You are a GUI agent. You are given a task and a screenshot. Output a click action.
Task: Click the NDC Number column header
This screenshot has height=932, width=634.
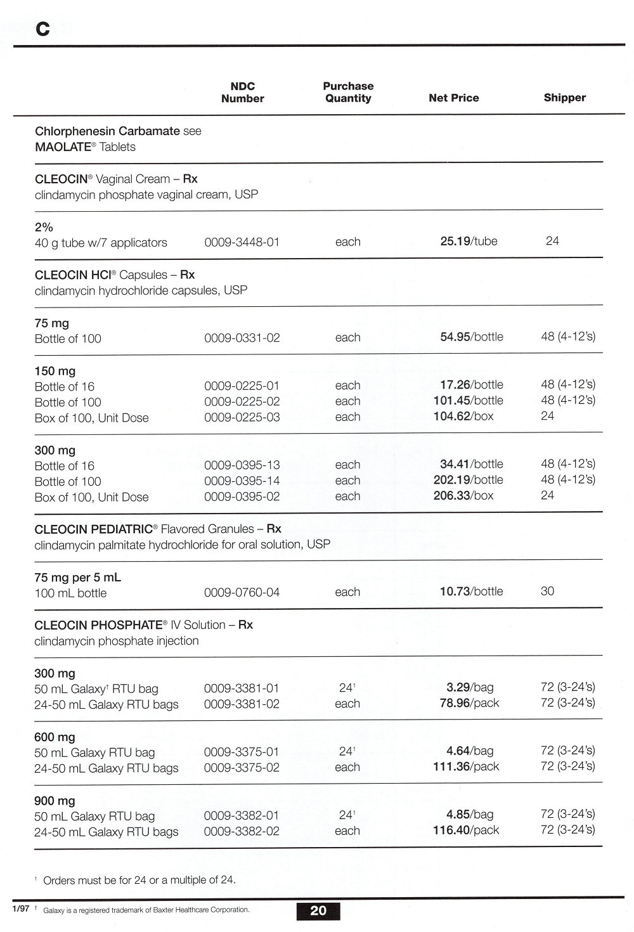242,93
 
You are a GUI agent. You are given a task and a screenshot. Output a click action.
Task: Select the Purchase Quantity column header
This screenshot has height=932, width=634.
348,93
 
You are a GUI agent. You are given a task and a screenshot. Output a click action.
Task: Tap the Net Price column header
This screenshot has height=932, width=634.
453,98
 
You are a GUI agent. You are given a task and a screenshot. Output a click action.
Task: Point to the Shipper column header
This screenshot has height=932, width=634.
564,98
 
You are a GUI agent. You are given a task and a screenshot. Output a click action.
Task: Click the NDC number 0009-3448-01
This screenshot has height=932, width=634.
242,242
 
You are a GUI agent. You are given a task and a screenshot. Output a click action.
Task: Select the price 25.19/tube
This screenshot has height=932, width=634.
469,242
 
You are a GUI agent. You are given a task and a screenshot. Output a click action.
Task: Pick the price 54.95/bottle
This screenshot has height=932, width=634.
472,337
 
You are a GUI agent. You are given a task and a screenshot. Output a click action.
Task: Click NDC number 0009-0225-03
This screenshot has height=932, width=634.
242,417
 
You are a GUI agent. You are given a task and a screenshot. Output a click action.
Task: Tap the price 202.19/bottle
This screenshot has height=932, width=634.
468,480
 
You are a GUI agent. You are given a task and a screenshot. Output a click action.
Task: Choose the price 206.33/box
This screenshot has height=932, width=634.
463,496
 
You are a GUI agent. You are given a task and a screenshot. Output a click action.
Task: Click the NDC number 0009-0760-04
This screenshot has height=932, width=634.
242,593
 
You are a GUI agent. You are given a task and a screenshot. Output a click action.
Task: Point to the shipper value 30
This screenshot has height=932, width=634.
547,592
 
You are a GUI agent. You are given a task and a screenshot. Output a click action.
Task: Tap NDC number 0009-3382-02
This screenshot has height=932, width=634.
242,831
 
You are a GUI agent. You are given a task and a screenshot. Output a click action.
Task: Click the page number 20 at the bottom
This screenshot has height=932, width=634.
318,910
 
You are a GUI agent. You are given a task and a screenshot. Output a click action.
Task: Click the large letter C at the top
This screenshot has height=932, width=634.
42,29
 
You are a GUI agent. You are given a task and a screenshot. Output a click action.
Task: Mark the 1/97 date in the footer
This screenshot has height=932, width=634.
20,909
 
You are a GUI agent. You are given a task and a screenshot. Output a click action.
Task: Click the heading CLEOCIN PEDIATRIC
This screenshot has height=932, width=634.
94,529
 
